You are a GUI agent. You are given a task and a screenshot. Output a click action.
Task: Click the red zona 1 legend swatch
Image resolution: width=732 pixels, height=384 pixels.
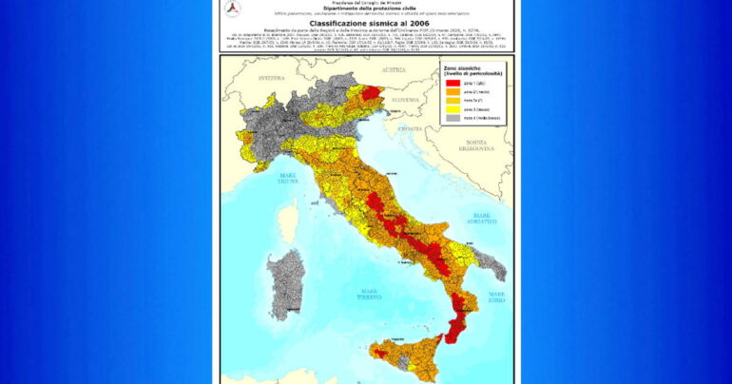pyautogui.click(x=453, y=84)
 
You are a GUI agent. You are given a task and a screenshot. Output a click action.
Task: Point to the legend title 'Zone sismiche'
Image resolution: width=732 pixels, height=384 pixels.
pyautogui.click(x=463, y=69)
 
